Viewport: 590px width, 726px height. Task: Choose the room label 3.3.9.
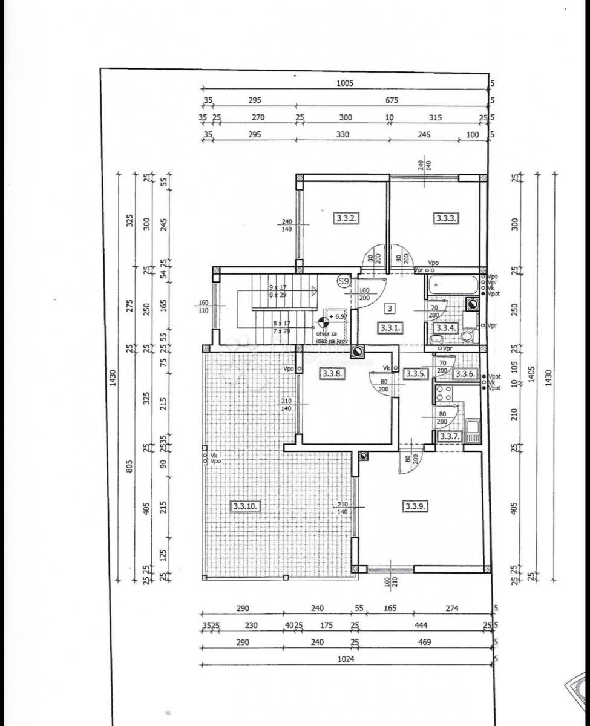coord(415,506)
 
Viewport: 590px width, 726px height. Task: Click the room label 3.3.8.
coord(333,374)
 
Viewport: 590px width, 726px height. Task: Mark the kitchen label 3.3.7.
coord(450,436)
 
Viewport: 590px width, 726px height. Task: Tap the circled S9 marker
coord(344,281)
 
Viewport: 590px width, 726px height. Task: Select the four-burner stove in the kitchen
coord(443,393)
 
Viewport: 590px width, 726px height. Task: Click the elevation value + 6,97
coord(339,316)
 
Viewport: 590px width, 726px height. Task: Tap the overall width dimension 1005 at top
coord(344,84)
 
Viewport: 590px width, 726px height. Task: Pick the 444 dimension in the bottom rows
coord(423,625)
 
